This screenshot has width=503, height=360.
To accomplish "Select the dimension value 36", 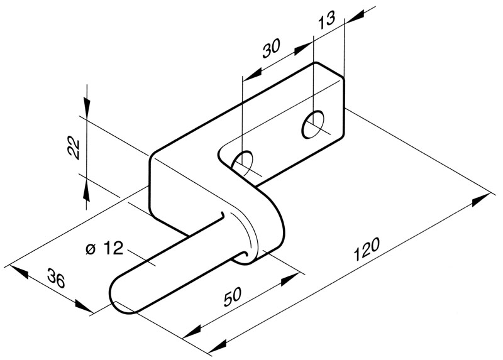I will [x=55, y=279].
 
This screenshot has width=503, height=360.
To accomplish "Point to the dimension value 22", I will [x=74, y=148].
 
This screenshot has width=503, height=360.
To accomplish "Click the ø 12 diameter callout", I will [x=103, y=249].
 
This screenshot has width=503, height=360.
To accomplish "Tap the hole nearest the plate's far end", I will [x=314, y=124].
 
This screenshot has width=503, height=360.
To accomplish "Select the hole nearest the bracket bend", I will [x=243, y=161].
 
